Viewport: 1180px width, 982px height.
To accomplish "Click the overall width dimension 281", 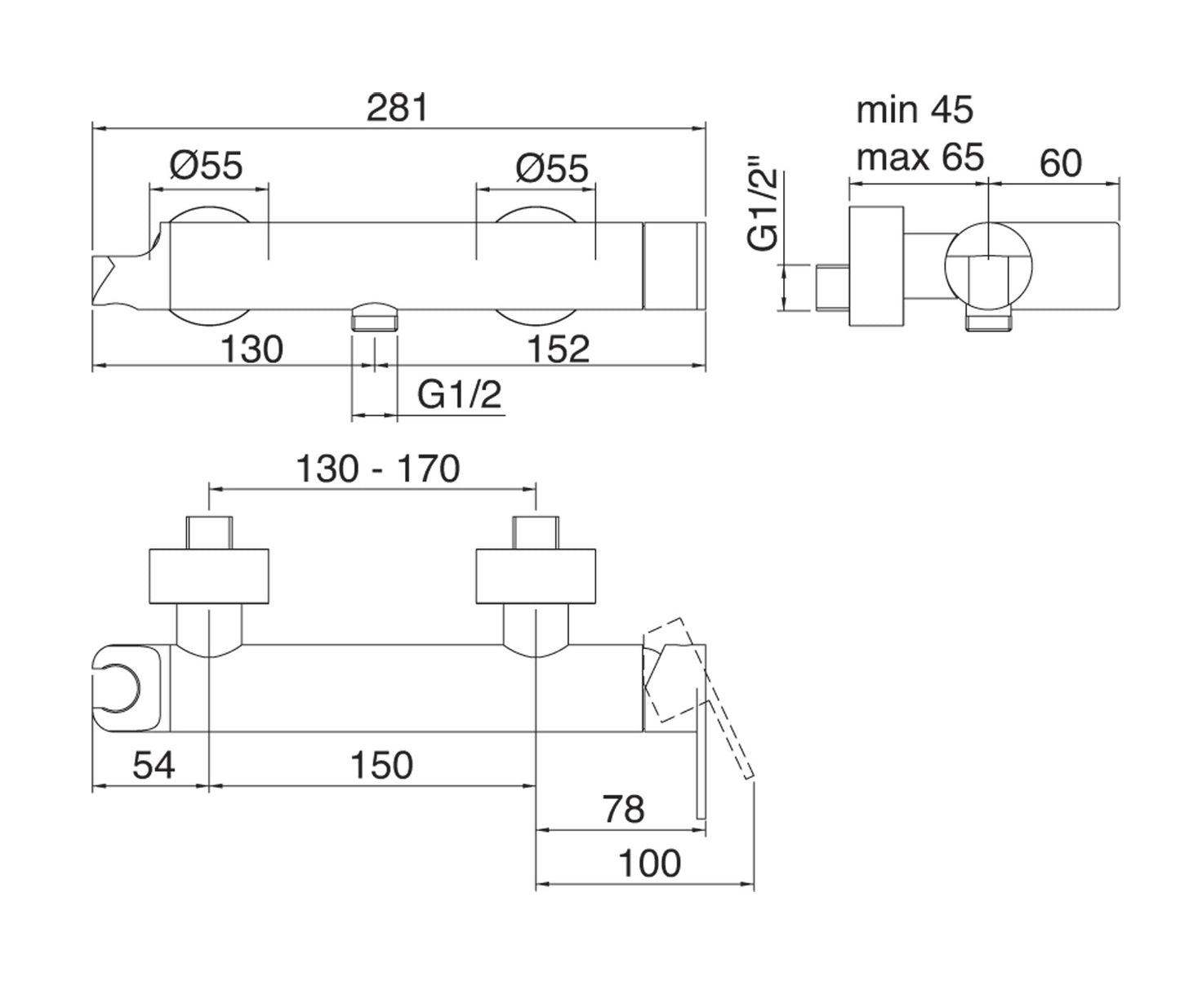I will [x=398, y=108].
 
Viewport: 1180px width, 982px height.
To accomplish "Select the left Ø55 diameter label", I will [x=207, y=167].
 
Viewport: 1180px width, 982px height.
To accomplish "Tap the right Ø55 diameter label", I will [x=551, y=168].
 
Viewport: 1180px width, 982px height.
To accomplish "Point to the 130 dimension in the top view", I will [x=252, y=349].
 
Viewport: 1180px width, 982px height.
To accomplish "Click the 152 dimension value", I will [x=558, y=349].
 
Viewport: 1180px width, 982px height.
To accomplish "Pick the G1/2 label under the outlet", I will [x=460, y=396].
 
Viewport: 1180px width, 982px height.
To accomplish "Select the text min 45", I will [x=915, y=110].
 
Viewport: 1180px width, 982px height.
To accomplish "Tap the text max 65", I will [x=920, y=156].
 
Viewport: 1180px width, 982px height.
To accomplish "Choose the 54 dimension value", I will [x=154, y=766].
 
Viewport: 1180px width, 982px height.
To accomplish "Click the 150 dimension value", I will [x=381, y=766].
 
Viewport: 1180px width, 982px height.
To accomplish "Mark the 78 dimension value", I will [x=623, y=809].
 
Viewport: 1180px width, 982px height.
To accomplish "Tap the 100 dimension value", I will [x=649, y=864].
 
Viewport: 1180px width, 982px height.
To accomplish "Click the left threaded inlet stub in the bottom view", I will [x=210, y=532].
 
